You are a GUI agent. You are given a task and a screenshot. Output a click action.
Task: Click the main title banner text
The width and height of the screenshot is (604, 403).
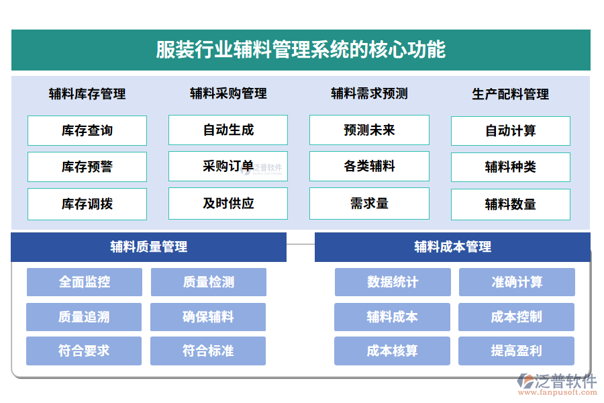pyautogui.click(x=301, y=50)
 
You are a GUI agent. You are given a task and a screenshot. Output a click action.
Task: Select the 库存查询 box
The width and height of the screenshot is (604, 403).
pyautogui.click(x=87, y=130)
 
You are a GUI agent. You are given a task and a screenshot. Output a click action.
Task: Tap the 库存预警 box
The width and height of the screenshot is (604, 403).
pyautogui.click(x=87, y=167)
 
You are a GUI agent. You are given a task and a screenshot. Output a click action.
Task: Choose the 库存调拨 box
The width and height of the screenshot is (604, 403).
pyautogui.click(x=87, y=204)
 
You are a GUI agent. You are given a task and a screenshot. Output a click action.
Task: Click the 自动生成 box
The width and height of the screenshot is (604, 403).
pyautogui.click(x=228, y=130)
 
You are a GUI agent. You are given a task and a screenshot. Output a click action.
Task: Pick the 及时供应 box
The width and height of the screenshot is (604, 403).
pyautogui.click(x=228, y=203)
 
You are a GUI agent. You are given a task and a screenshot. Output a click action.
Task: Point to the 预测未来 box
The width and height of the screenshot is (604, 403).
pyautogui.click(x=369, y=130)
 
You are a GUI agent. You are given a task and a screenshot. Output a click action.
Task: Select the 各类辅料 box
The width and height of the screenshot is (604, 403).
pyautogui.click(x=369, y=166)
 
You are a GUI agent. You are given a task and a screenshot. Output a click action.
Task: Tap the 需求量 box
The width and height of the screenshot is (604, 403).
pyautogui.click(x=369, y=203)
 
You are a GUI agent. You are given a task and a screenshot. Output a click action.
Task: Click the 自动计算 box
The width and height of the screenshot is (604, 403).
pyautogui.click(x=511, y=131)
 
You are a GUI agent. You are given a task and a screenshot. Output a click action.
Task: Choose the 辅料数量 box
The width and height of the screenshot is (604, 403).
pyautogui.click(x=511, y=204)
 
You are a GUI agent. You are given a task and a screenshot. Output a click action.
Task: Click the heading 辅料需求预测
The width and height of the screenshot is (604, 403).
pyautogui.click(x=369, y=93)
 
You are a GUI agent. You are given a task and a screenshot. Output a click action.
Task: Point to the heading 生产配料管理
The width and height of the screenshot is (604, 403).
pyautogui.click(x=511, y=94)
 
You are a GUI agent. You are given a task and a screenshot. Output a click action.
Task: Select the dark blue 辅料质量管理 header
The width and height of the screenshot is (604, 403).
pyautogui.click(x=149, y=247)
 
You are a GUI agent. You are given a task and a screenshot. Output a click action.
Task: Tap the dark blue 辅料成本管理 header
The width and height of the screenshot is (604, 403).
pyautogui.click(x=452, y=247)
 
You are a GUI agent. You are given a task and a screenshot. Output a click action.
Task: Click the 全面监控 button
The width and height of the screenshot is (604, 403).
pyautogui.click(x=85, y=282)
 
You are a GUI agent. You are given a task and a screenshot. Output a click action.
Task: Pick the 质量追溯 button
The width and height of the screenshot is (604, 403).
pyautogui.click(x=84, y=317)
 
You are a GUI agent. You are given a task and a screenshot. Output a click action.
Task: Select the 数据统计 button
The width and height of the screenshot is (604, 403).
pyautogui.click(x=393, y=282)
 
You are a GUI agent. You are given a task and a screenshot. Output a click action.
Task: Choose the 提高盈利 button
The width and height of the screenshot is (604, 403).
pyautogui.click(x=516, y=351)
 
